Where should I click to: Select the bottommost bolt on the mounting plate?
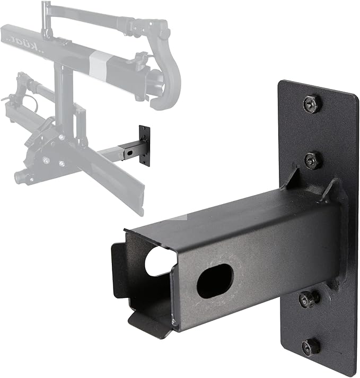pos(311,347)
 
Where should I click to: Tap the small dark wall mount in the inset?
pos(144,145)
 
